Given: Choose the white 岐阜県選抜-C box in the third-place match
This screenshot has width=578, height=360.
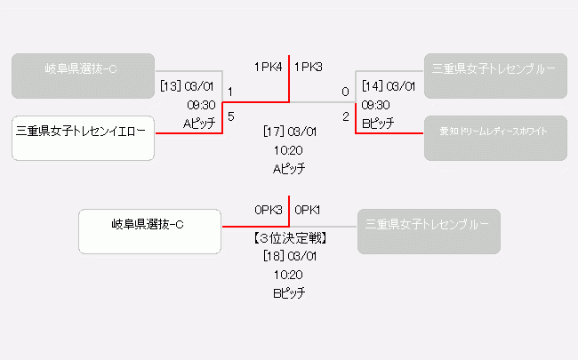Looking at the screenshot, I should tap(149, 231).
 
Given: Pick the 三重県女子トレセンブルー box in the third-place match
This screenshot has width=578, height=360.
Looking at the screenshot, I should tap(429, 231).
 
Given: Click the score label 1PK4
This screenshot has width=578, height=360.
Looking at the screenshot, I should tap(268, 67).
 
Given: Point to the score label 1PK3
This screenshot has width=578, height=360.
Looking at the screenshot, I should tap(309, 67).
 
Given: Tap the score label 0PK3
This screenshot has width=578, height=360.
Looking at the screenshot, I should tap(268, 210).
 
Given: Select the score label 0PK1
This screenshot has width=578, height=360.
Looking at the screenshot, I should tap(308, 210).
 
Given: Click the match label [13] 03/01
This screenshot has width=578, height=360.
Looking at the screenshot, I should tap(187, 87).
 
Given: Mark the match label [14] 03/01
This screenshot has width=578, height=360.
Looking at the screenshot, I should tap(388, 87).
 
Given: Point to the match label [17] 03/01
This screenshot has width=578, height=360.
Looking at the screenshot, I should tap(290, 132).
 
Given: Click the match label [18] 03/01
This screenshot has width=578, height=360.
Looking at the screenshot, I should tap(290, 256).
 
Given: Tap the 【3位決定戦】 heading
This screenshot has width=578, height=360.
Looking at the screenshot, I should tap(290, 238).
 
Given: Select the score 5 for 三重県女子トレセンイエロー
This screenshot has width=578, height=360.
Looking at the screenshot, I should tap(230, 116).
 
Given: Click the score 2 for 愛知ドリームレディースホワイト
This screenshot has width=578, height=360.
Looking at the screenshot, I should tap(345, 116).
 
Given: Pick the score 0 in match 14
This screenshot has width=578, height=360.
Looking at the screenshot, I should tap(345, 92).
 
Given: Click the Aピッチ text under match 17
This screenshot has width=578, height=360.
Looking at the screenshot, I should tap(290, 167).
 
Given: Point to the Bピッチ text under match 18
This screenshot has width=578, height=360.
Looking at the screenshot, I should tap(290, 292).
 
